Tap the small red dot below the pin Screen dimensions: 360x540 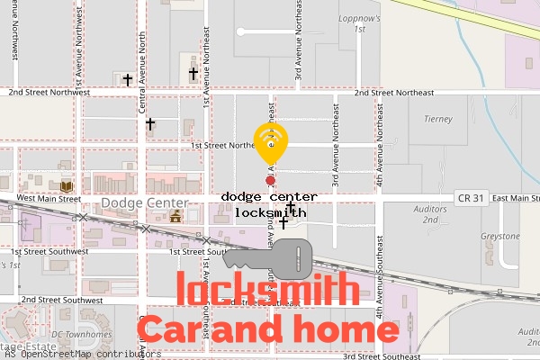pos(270,181)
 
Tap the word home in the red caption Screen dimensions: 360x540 pos(347,329)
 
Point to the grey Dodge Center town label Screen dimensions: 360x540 pos(136,203)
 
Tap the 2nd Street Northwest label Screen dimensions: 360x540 pos(49,92)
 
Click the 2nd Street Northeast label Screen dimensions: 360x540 pos(394,93)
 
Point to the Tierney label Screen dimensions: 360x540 pos(437,119)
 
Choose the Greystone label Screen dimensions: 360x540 pos(500,237)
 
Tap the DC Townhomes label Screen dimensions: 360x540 pos(82,335)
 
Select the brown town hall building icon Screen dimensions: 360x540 pos(175,216)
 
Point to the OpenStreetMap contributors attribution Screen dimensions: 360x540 pos(81,354)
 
